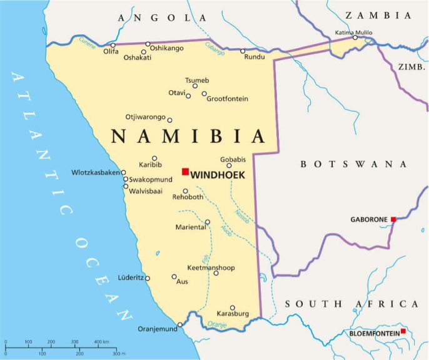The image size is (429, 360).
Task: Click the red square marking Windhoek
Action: click(x=185, y=172)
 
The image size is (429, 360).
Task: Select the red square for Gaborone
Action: click(x=393, y=219)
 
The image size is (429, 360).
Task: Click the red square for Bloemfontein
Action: click(x=403, y=331)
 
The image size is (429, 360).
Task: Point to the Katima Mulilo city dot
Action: click(x=355, y=38)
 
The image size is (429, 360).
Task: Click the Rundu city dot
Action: click(x=243, y=51)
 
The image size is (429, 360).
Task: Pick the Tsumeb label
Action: click(x=196, y=81)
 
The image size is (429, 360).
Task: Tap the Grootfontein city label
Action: click(x=227, y=99)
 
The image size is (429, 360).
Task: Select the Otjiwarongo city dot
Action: click(x=169, y=120)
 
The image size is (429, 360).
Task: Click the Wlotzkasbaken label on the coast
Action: click(x=95, y=172)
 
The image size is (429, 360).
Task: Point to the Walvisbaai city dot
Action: click(x=126, y=186)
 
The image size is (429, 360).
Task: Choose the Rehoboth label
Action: click(x=188, y=197)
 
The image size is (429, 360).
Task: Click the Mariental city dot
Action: click(x=208, y=222)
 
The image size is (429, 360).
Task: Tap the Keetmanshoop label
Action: click(x=211, y=268)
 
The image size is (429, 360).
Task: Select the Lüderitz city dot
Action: click(x=148, y=279)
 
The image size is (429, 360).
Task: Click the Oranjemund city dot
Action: click(x=180, y=324)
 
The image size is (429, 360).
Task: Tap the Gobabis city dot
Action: click(x=229, y=166)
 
